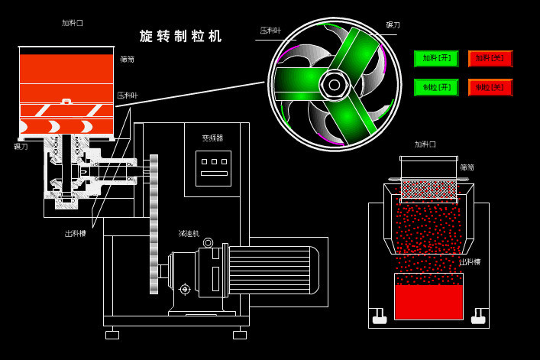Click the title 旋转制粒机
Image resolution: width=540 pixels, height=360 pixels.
[x=181, y=36]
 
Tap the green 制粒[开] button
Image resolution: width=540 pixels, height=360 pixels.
[x=436, y=87]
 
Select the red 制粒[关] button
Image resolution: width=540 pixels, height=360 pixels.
[x=490, y=87]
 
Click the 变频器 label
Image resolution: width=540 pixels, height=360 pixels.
[x=212, y=138]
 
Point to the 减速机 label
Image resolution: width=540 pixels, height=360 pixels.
[x=189, y=233]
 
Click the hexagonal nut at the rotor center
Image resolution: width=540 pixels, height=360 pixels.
[x=335, y=84]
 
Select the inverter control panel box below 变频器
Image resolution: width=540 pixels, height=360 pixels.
[x=213, y=168]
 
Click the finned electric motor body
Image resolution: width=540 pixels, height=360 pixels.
[x=271, y=270]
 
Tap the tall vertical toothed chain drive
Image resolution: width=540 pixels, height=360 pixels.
[x=154, y=224]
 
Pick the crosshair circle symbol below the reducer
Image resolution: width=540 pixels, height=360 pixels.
[x=185, y=289]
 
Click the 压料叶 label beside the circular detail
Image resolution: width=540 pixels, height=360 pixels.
[x=270, y=31]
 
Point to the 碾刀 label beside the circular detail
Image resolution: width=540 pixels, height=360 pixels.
[x=393, y=25]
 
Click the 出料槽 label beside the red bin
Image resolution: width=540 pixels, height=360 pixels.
[x=470, y=262]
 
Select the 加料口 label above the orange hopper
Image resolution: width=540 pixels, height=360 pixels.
[x=73, y=23]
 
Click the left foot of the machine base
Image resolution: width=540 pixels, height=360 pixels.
[x=112, y=335]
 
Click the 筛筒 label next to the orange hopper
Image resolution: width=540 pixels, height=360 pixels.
[x=127, y=59]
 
